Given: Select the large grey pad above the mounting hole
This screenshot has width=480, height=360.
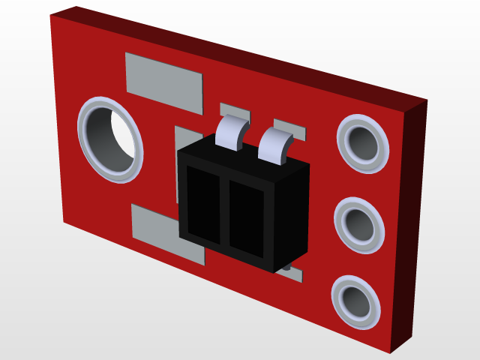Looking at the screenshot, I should [x=164, y=80].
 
